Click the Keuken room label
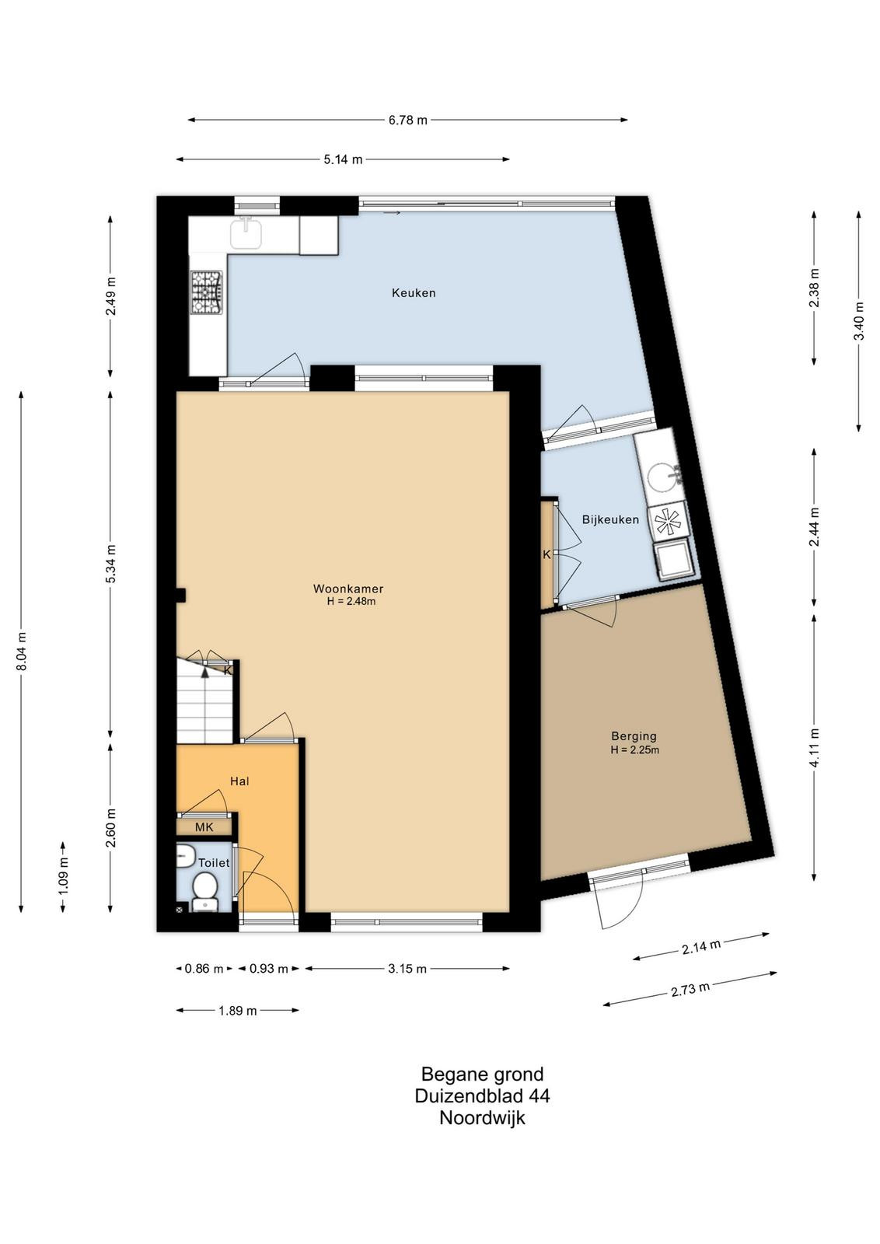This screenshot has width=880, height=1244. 414,292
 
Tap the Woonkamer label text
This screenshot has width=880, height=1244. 348,589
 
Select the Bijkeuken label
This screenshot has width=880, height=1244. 610,520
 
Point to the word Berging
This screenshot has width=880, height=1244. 634,736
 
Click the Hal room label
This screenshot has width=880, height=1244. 240,781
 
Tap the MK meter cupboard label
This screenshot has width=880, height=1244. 204,827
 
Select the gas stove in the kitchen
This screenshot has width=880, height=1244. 207,292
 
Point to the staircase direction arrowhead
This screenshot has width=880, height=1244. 205,673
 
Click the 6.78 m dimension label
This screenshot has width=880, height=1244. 408,120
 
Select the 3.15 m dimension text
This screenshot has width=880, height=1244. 407,969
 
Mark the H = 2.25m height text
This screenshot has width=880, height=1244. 634,750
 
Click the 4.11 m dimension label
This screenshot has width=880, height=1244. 815,747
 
